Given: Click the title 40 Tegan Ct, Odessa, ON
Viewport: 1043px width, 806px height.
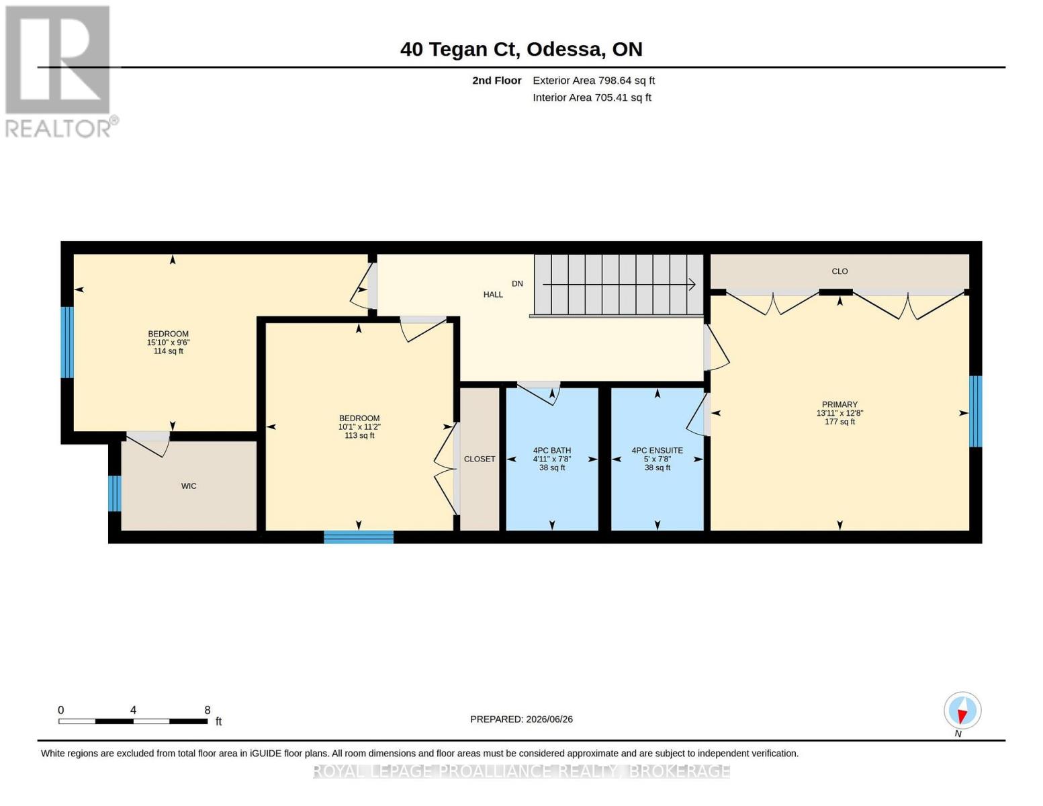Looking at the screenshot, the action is (520, 50).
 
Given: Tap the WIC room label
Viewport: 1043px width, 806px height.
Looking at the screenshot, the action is (189, 486).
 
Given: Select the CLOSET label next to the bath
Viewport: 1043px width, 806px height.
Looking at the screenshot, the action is (479, 459).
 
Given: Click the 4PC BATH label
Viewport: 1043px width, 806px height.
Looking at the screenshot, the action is (551, 450).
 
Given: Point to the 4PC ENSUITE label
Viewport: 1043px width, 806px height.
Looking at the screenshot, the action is (657, 450).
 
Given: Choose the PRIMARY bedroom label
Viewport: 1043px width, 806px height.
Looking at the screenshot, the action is (839, 404).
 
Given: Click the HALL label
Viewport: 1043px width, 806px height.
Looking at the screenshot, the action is (493, 294).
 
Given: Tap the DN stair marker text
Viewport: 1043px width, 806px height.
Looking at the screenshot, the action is (517, 283).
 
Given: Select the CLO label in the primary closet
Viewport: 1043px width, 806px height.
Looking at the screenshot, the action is (839, 271).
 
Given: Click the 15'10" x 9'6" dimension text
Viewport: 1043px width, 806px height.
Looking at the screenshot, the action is (168, 343).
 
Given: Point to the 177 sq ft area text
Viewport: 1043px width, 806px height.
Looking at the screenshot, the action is (839, 422).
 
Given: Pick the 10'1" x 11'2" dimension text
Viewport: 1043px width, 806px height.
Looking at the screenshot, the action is (359, 427).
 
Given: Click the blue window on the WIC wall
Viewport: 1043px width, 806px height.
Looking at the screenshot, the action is (115, 494).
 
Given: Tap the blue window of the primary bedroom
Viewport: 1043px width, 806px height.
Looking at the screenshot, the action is (975, 411).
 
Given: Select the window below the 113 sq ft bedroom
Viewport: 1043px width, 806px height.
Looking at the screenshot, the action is (359, 537).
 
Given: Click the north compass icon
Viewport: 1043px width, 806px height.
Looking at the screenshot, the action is (962, 711).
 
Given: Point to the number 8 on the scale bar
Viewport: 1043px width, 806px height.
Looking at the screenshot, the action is (208, 710).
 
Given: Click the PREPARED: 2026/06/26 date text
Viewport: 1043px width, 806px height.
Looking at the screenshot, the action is (521, 719).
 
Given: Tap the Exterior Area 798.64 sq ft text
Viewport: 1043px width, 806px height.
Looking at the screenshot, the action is (593, 81).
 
